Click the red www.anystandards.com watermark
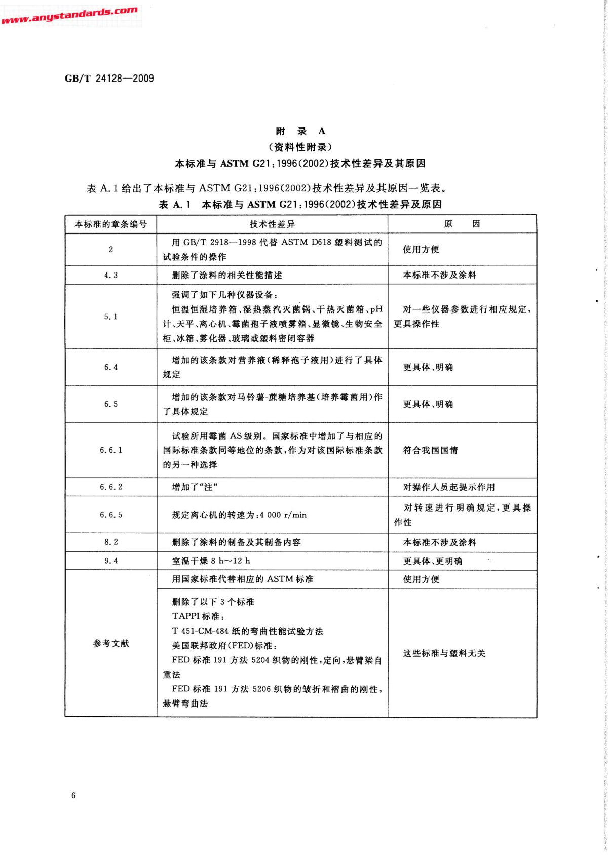point(69,15)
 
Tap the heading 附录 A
point(300,131)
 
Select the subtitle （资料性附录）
point(300,147)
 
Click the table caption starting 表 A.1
point(300,204)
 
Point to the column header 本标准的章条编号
point(110,224)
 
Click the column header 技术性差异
point(272,224)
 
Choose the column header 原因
point(462,224)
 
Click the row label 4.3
point(110,275)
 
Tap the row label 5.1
point(110,317)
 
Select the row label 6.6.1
point(110,450)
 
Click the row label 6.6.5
point(110,515)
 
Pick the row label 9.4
point(110,561)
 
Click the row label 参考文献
point(110,643)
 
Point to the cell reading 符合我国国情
point(430,450)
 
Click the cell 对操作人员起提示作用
point(448,487)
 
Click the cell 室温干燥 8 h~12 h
point(211,561)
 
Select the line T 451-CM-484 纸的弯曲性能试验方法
point(247,631)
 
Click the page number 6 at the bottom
point(73,795)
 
